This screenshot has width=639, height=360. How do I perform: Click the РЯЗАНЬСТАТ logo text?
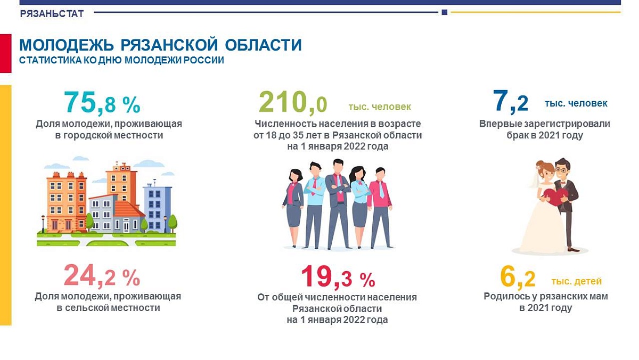pyautogui.click(x=52, y=14)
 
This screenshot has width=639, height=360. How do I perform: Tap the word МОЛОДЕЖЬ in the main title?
pyautogui.click(x=67, y=45)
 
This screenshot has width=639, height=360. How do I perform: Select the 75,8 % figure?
pyautogui.click(x=102, y=103)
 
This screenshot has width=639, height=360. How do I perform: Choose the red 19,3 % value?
pyautogui.click(x=338, y=277)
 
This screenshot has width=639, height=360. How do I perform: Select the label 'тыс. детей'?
pyautogui.click(x=576, y=281)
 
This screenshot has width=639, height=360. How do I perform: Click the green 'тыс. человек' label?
pyautogui.click(x=380, y=107)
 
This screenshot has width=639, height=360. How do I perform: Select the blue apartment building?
pyautogui.click(x=158, y=207)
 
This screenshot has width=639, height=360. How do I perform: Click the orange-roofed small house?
pyautogui.click(x=129, y=216)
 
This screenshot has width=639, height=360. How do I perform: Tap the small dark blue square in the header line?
pyautogui.click(x=444, y=12)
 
